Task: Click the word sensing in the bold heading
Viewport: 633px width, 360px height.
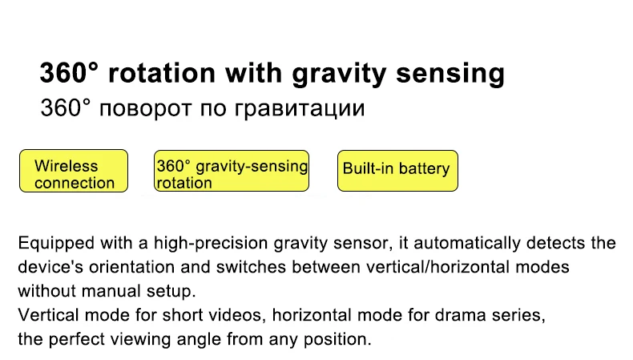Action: click(450, 74)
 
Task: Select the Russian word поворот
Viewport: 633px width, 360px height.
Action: click(145, 109)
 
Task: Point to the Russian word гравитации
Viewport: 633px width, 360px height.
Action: click(300, 110)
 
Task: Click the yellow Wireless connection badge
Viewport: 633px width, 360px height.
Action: click(74, 171)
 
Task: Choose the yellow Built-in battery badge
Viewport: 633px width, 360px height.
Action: click(397, 171)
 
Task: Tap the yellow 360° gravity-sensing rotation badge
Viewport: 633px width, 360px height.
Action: click(232, 171)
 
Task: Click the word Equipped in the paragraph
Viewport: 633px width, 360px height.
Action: click(56, 244)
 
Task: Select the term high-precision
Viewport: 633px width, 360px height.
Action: click(211, 244)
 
